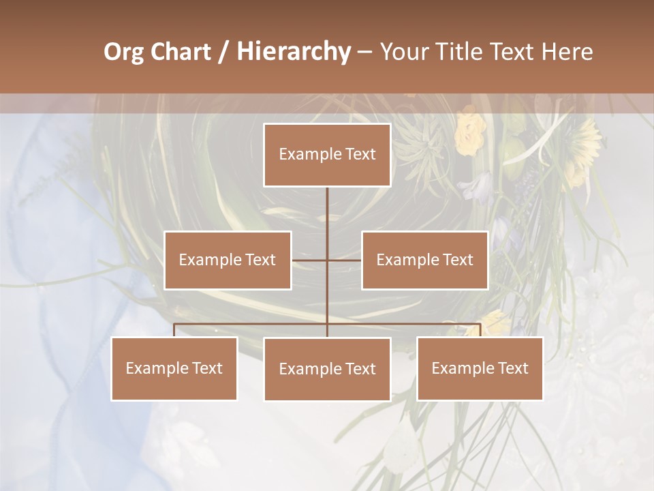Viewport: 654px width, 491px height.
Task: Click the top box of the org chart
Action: coord(327,155)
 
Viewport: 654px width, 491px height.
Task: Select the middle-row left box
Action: coord(228,260)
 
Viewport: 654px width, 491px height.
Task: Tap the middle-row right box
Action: coord(424,260)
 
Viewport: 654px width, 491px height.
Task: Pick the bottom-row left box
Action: coord(174,368)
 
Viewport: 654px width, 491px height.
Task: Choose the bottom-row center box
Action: coord(327,369)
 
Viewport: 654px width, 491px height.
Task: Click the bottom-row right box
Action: coord(480,368)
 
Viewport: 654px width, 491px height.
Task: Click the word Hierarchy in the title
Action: coord(293,53)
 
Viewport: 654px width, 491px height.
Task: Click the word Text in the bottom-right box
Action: coord(513,368)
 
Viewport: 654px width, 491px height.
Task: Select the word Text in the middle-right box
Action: coord(457,260)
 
